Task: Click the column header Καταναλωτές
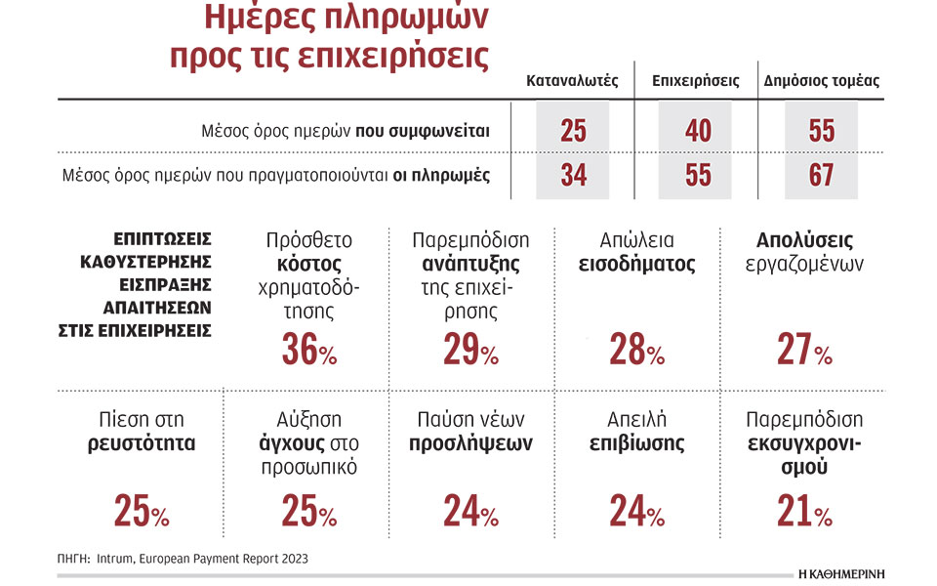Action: point(572,81)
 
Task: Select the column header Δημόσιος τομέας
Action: point(821,81)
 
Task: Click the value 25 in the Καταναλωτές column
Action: point(573,130)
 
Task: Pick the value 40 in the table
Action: point(698,130)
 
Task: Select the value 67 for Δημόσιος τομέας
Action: point(821,176)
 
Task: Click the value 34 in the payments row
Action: point(573,176)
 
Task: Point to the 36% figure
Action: point(308,350)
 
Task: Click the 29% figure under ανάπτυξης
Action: point(469,350)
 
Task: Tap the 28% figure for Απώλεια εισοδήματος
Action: point(636,350)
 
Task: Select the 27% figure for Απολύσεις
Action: point(804,350)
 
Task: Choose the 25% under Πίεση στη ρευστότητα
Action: point(142,510)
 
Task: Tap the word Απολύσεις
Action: point(804,240)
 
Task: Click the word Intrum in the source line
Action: point(118,559)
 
